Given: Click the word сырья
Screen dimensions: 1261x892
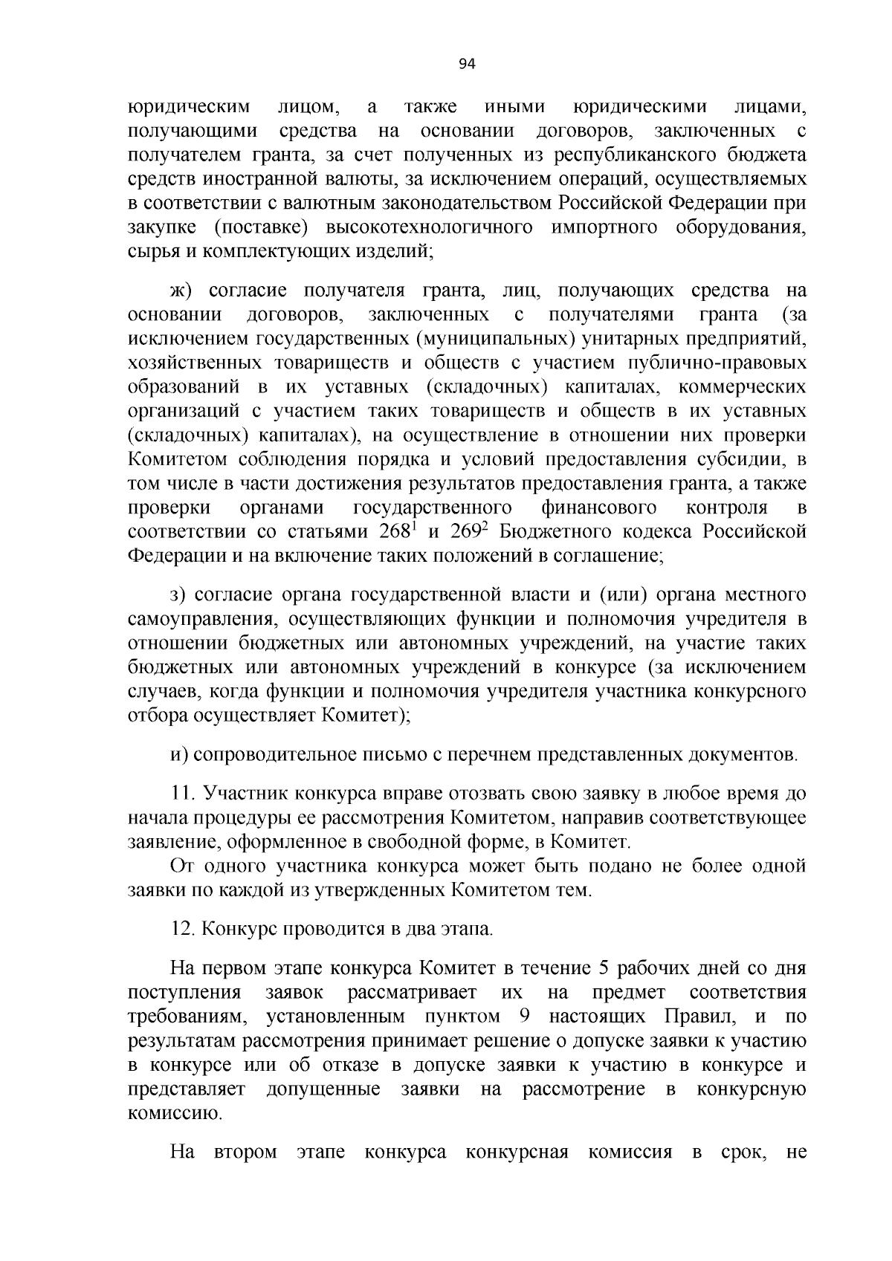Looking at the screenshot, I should pos(152,252).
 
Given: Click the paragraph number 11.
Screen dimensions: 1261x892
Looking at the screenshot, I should pos(182,794).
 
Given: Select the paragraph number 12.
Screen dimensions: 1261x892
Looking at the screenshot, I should pos(183,929).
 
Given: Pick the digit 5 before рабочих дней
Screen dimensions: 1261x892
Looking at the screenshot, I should pos(604,968).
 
